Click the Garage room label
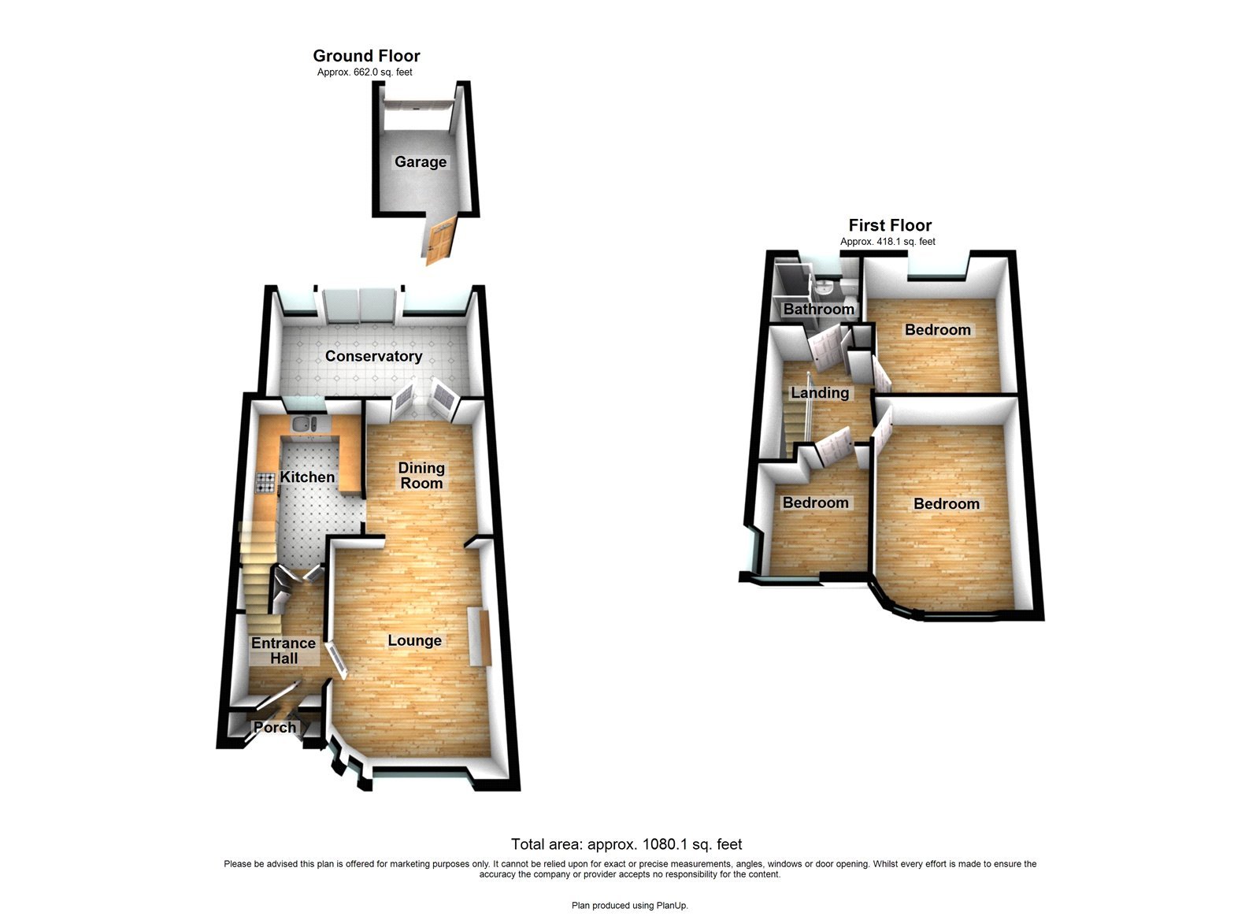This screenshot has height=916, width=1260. click(421, 162)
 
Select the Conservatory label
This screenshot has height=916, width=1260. click(373, 356)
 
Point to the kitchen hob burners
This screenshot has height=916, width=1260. click(265, 482)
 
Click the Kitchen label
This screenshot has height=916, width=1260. click(307, 477)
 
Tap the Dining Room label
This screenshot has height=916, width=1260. click(421, 476)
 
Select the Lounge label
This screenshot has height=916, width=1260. click(414, 641)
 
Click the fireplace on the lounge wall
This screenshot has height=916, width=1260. click(478, 636)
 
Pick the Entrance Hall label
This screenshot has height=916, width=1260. click(283, 651)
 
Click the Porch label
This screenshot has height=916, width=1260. click(274, 728)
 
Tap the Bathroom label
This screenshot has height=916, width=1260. click(818, 310)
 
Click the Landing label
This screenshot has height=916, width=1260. click(820, 393)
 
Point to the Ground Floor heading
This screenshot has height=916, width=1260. click(366, 56)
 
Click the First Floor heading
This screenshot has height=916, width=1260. click(890, 225)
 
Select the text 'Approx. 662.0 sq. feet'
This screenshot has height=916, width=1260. click(365, 72)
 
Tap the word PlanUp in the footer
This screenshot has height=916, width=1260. click(672, 906)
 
